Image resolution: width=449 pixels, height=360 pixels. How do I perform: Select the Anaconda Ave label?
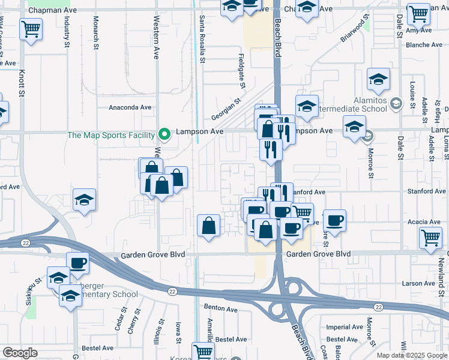(130, 107)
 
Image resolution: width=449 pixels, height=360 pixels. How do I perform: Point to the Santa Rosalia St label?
(202, 40)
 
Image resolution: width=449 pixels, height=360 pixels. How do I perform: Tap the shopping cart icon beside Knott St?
(31, 28)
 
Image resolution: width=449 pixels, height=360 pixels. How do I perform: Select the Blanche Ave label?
(424, 45)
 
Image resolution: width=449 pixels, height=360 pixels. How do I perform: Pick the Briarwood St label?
(355, 31)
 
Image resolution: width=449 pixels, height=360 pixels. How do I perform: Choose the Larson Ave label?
(418, 283)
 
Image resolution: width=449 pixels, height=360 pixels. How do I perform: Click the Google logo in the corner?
(20, 353)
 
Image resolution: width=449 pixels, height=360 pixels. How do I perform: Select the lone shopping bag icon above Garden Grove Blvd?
(208, 226)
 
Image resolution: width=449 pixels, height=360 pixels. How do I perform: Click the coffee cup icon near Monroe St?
(334, 220)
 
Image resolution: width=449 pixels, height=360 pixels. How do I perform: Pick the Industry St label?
(67, 31)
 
